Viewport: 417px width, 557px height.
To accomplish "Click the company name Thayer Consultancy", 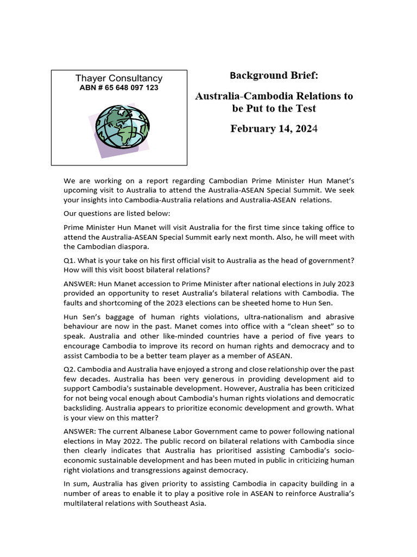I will point(118,78).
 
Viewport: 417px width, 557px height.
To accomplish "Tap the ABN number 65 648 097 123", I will point(118,88).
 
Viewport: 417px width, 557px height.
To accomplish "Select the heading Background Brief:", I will point(274,75).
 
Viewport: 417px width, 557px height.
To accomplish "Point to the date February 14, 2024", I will point(274,129).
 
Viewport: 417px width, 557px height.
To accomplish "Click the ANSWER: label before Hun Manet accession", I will point(80,284).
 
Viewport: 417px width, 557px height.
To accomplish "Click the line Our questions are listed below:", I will point(113,213).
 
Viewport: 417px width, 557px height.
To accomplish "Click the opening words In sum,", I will point(77,484).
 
